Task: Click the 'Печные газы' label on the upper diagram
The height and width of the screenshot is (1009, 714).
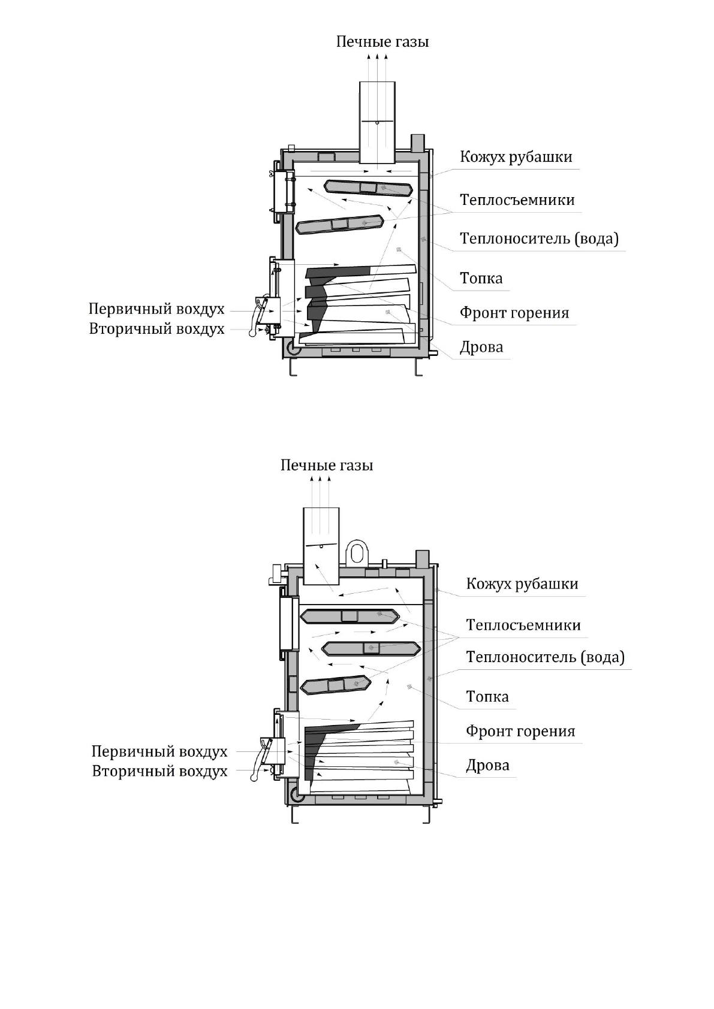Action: [382, 42]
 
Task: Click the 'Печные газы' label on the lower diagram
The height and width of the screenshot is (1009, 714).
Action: [327, 466]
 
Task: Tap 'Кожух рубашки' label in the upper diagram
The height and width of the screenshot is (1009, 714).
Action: [516, 157]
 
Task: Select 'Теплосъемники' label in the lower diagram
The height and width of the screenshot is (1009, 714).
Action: [523, 625]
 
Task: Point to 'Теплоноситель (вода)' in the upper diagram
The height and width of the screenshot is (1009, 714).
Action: [539, 238]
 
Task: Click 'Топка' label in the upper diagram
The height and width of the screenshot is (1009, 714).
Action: [481, 279]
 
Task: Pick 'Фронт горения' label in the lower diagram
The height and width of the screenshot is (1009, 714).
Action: [520, 731]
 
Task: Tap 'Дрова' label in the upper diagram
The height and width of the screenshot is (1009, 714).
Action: [481, 348]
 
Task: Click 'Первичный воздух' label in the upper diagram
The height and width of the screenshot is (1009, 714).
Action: [156, 309]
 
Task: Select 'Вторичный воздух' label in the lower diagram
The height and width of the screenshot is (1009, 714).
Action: [159, 771]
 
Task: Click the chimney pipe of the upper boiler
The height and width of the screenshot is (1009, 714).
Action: [377, 122]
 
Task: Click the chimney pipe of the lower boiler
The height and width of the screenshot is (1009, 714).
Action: [321, 546]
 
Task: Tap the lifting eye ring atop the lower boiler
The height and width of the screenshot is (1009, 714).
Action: [357, 551]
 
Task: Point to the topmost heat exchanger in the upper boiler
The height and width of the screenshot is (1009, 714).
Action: [368, 188]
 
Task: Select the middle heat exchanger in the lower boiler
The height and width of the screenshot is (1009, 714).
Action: [372, 648]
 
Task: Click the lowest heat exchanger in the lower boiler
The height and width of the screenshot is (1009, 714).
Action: [335, 685]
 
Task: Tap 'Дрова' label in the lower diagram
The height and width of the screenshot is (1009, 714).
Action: [488, 765]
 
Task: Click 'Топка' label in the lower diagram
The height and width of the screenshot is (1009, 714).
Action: [487, 697]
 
